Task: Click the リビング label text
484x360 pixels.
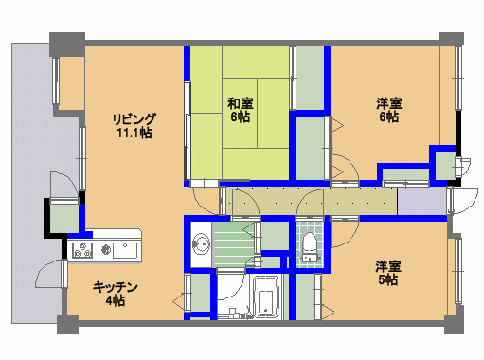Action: coord(134,119)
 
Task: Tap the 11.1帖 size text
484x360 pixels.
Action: coord(134,133)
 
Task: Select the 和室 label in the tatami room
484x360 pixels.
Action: coord(241,103)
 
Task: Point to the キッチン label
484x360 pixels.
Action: coord(116,287)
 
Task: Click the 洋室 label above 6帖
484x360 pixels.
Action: coord(389,103)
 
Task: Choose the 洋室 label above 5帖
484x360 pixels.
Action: coord(388,266)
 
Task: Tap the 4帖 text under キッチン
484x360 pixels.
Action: coord(116,300)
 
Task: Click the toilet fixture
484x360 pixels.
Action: coord(310,246)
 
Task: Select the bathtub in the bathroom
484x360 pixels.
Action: coord(266,297)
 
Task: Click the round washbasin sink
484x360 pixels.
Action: coord(201,243)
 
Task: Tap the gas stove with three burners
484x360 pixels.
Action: coord(82,250)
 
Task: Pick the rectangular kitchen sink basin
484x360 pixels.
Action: coord(125,250)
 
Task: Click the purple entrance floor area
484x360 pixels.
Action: coord(421,201)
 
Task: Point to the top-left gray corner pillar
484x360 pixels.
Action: coord(67,44)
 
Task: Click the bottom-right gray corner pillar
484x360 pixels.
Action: coord(454,324)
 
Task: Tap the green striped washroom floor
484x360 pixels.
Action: coord(234,244)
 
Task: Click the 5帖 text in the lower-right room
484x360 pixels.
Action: coord(388,279)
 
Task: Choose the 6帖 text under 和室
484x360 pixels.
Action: coord(241,117)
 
